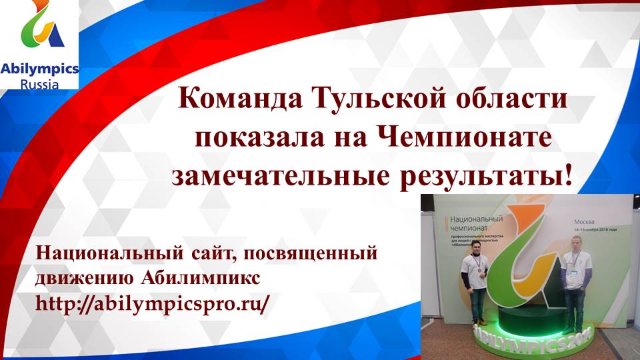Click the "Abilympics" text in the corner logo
[39, 69]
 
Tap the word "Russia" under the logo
[39, 84]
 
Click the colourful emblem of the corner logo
[41, 30]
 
